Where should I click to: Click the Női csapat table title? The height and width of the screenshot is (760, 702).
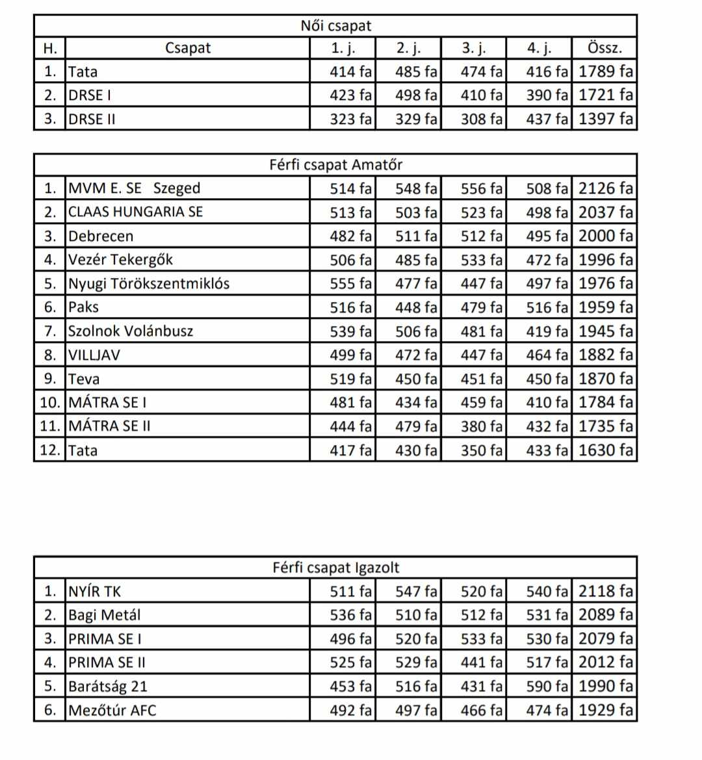pos(335,26)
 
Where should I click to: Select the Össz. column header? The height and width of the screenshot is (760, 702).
pos(604,48)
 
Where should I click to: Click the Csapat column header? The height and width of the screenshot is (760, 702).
pos(188,48)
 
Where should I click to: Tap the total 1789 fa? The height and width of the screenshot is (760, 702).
pos(605,71)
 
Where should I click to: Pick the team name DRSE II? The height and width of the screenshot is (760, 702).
pos(92,120)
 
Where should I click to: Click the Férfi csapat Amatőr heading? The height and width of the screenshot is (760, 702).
pos(335,165)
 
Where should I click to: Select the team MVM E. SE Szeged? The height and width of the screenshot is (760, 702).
pos(135,188)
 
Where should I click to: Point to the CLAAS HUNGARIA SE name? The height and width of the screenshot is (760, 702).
pos(136,212)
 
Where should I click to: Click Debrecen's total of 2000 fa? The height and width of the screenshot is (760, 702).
pos(605,236)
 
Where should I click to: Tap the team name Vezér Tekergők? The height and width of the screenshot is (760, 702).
pos(121,260)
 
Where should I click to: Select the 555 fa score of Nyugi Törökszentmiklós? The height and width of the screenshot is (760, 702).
pos(351,284)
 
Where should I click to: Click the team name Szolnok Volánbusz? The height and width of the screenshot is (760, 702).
pos(131,331)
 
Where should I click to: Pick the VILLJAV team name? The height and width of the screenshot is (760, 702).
pos(94,355)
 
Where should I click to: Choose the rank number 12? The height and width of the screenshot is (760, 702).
pos(49,450)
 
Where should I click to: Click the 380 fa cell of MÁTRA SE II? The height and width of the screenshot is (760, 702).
pos(482,427)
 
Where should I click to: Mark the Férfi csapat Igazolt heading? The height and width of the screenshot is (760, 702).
pos(335,568)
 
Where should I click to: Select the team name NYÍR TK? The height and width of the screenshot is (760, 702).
pos(95,592)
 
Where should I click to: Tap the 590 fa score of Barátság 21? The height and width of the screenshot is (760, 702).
pos(547,687)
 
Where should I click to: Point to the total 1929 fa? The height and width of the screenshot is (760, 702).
pos(605,711)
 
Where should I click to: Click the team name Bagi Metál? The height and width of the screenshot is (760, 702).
pos(105,615)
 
